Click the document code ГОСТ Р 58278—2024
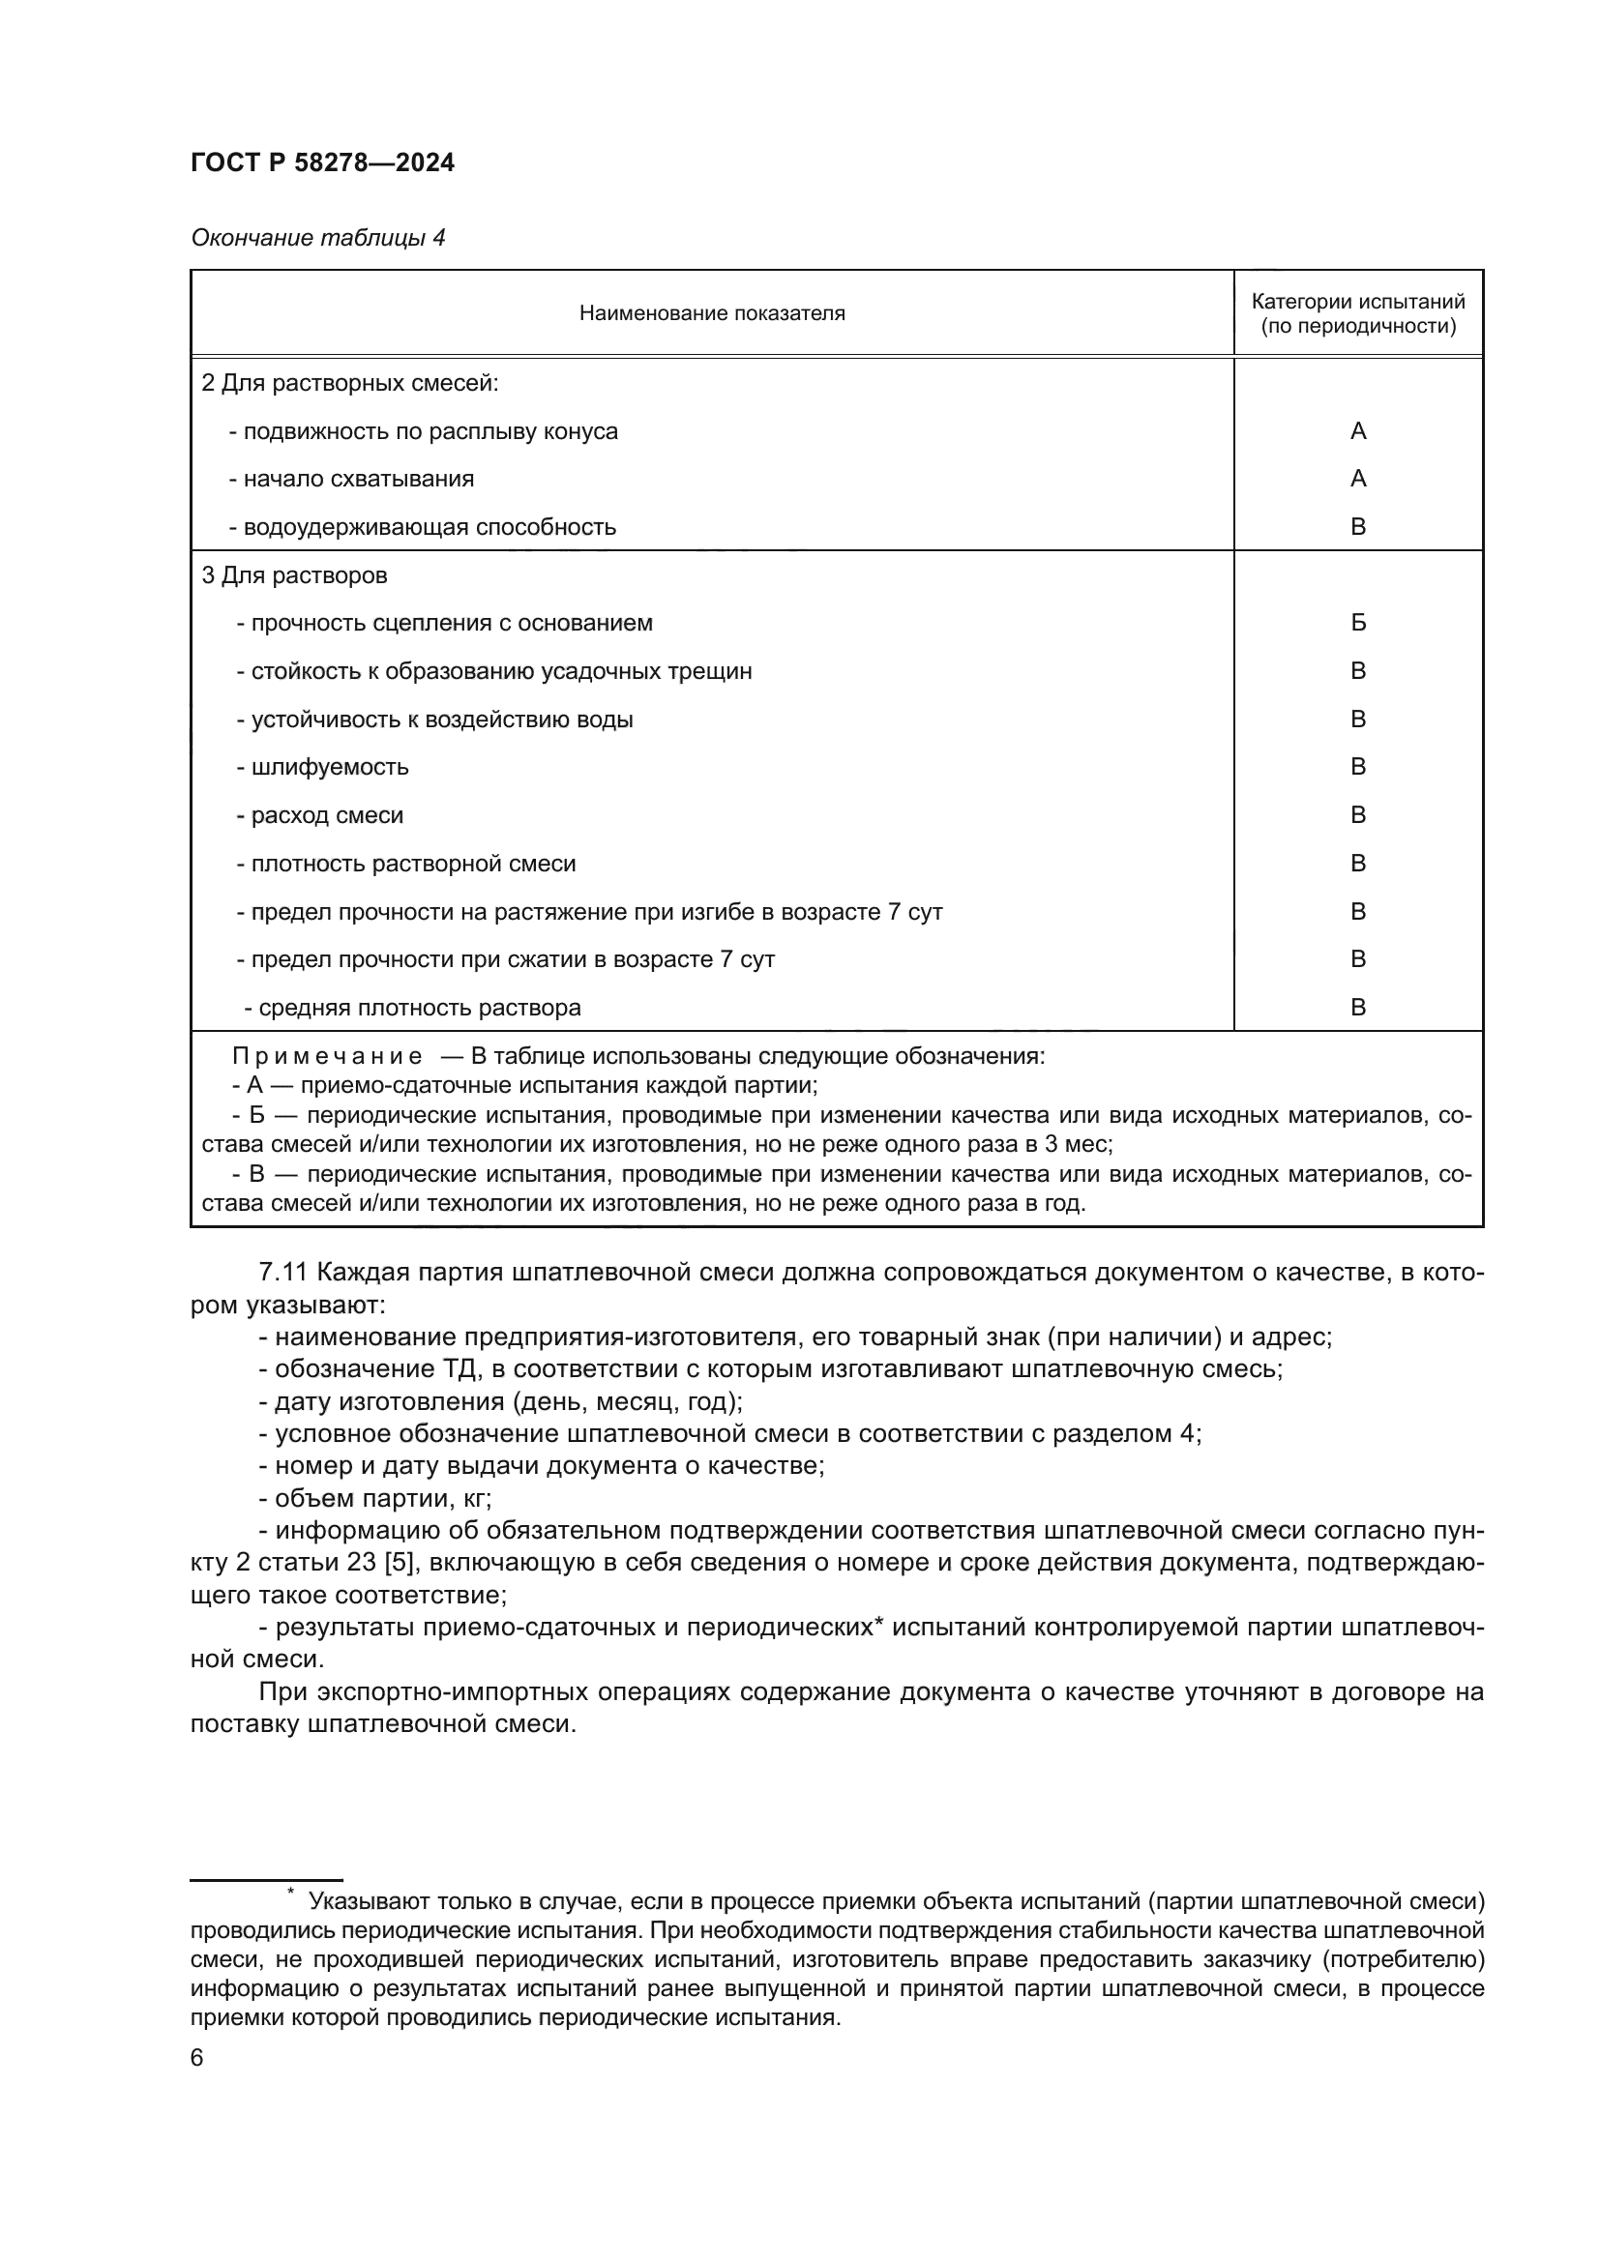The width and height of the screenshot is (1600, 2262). (x=322, y=162)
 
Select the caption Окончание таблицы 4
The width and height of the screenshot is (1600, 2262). (x=317, y=238)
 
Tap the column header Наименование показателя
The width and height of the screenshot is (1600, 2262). (x=711, y=313)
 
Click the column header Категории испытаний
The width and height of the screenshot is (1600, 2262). (x=1357, y=302)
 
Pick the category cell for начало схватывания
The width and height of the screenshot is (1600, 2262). (x=1357, y=479)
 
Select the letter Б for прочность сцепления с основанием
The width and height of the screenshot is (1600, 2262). (x=1357, y=623)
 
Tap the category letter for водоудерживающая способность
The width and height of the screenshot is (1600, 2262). (x=1357, y=527)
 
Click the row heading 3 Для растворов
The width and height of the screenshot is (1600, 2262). (x=294, y=575)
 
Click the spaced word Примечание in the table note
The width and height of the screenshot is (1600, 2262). (x=327, y=1056)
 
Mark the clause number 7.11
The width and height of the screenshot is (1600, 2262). (x=283, y=1272)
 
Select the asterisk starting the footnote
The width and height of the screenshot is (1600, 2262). (x=290, y=1892)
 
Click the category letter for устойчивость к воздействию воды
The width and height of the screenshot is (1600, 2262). (x=1357, y=720)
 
